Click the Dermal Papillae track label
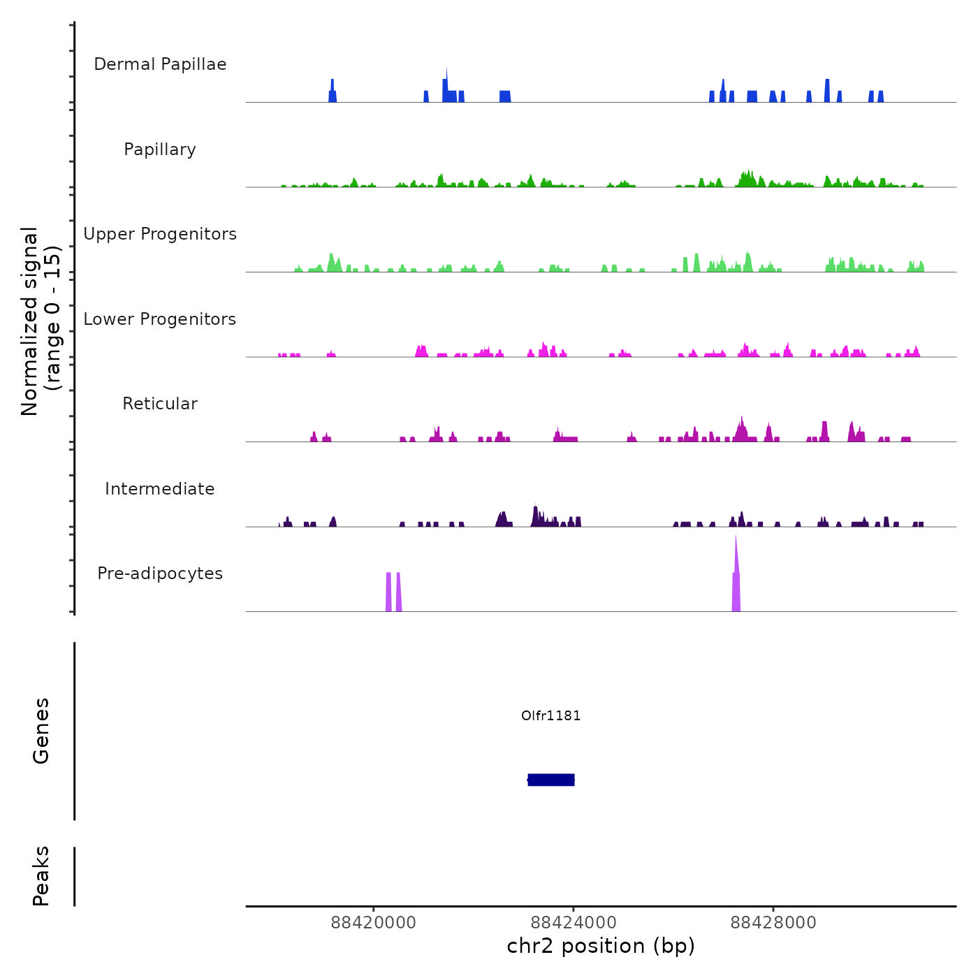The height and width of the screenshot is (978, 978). (x=160, y=64)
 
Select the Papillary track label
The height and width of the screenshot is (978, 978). (x=160, y=149)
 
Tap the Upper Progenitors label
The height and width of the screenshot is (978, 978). (x=160, y=234)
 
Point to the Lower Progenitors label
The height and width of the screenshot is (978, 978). (x=160, y=319)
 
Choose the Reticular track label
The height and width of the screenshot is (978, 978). (x=160, y=404)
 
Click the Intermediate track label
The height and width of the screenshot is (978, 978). (x=160, y=489)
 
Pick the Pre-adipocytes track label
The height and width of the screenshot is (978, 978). (x=160, y=574)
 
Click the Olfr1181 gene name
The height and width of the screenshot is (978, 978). (x=550, y=715)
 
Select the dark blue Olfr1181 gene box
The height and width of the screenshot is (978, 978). (x=551, y=780)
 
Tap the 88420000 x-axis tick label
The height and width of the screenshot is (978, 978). (x=373, y=923)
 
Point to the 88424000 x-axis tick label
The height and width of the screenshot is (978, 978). (x=574, y=923)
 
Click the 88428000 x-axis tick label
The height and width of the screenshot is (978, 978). (x=773, y=923)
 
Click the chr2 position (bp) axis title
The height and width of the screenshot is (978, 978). (x=601, y=946)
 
